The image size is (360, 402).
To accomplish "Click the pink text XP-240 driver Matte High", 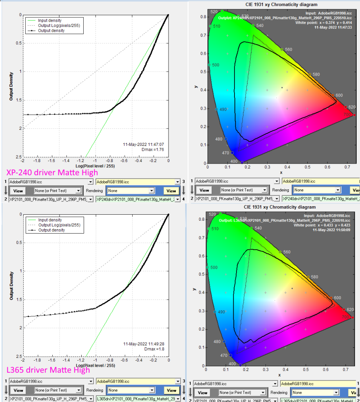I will coord(52,173).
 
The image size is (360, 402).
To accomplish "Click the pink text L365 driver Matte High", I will coord(48,370).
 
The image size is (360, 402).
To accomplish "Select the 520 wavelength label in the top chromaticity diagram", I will coord(214,12).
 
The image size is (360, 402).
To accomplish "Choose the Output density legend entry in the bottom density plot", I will coord(51,230).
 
